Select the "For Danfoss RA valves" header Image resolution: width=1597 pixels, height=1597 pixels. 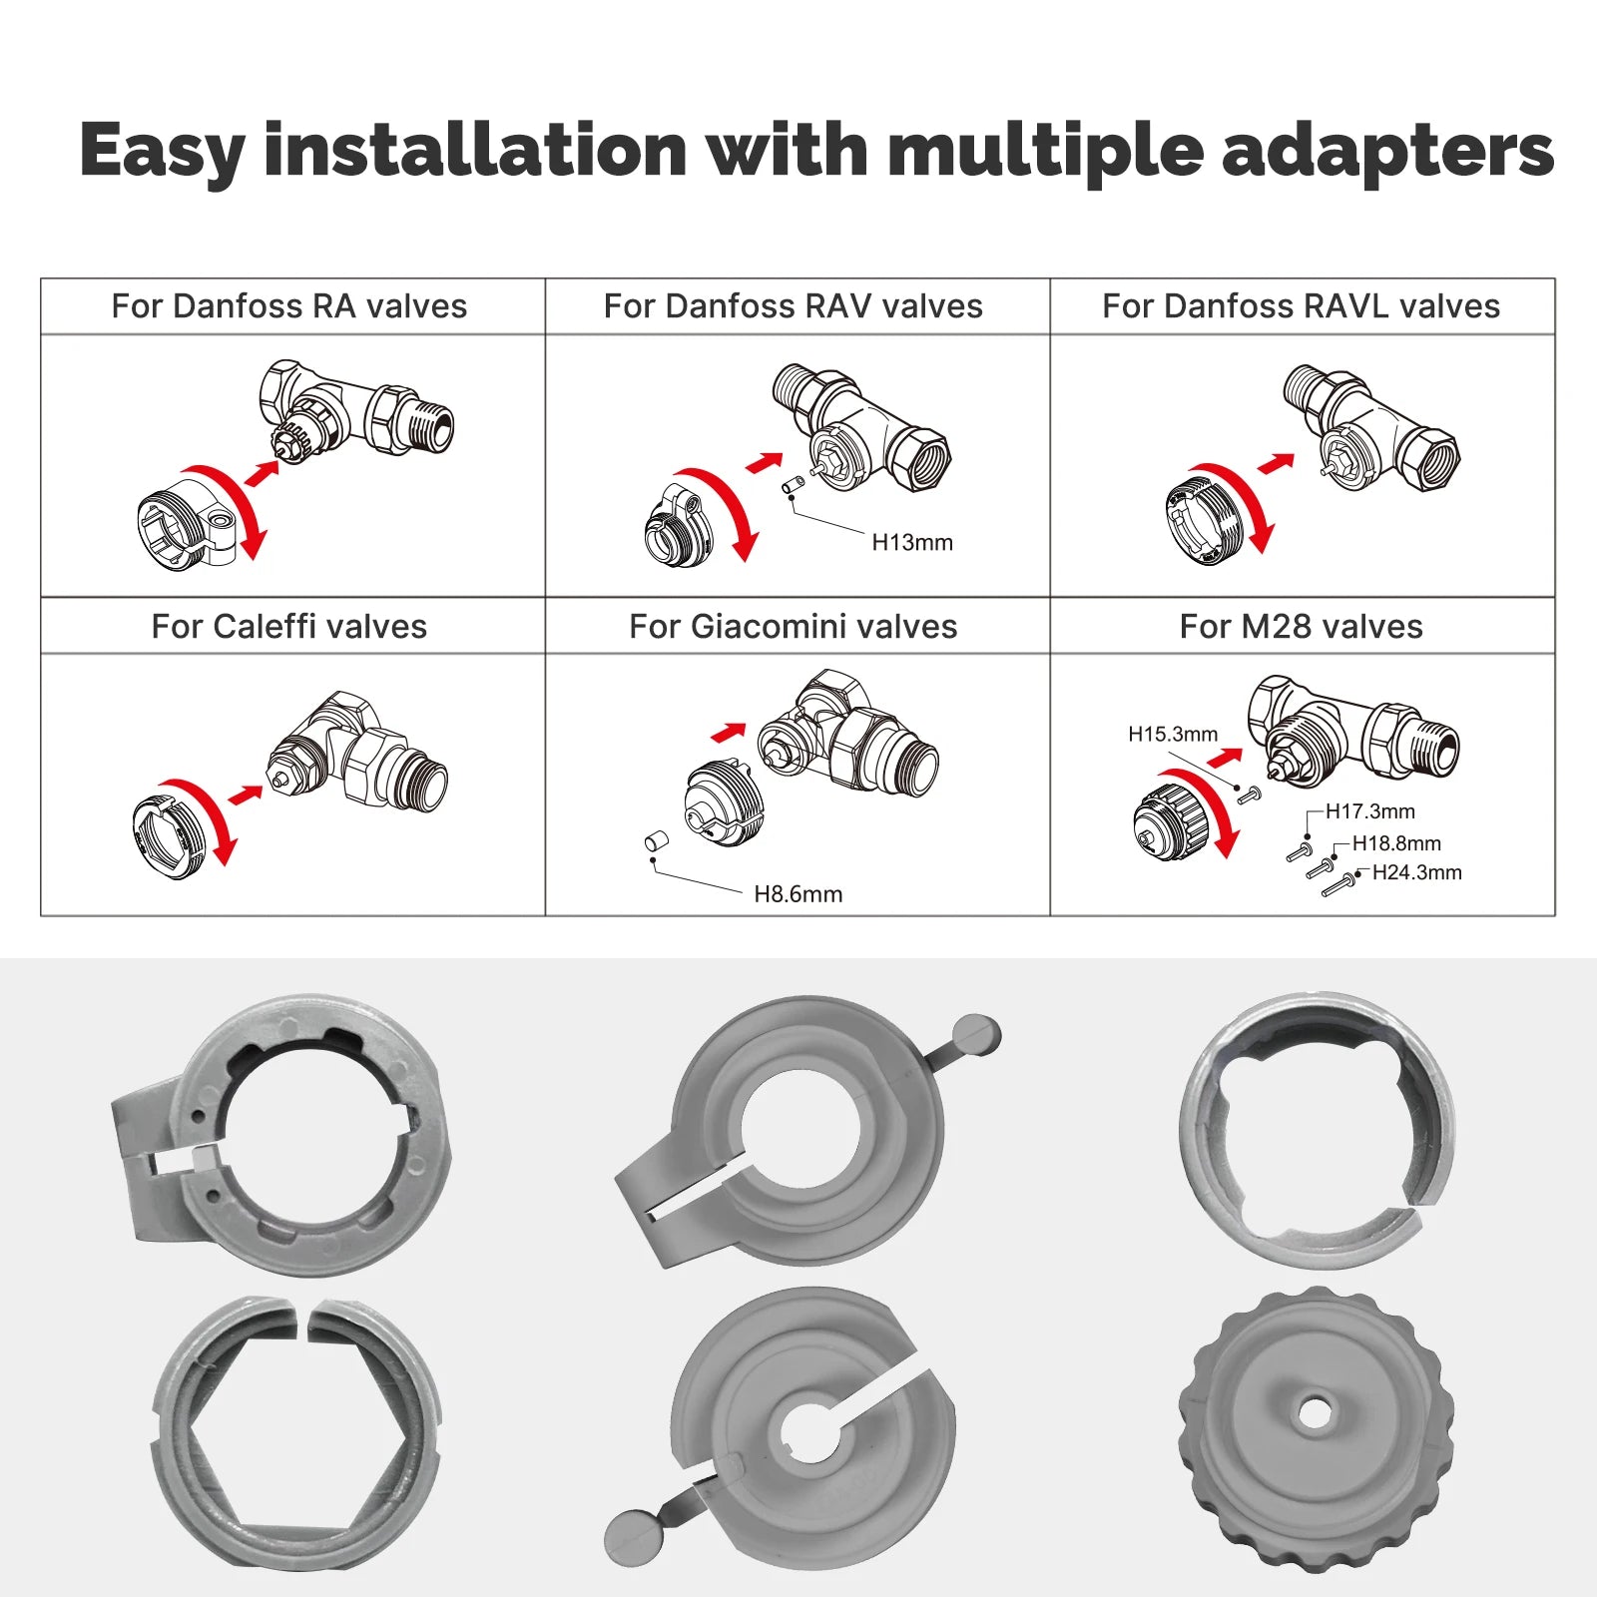(x=289, y=306)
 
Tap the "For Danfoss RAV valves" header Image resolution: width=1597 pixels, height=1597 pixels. (x=794, y=306)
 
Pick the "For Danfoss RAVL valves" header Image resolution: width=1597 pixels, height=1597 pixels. (x=1301, y=306)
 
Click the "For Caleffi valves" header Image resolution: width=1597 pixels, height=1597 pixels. (x=289, y=627)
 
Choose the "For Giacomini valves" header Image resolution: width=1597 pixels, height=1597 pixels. (x=794, y=627)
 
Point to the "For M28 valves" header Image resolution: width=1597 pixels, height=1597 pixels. (x=1301, y=627)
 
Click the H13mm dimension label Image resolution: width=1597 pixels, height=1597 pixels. (x=912, y=543)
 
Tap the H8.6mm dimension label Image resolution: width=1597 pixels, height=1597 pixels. (x=798, y=894)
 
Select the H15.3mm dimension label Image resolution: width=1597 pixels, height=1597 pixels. (x=1173, y=735)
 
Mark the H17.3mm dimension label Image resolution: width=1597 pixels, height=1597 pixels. (x=1369, y=811)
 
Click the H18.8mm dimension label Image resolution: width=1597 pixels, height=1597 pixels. (x=1396, y=843)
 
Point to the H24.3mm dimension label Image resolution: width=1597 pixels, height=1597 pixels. (x=1416, y=872)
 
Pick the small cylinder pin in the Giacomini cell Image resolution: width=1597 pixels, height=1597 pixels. (x=656, y=842)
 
